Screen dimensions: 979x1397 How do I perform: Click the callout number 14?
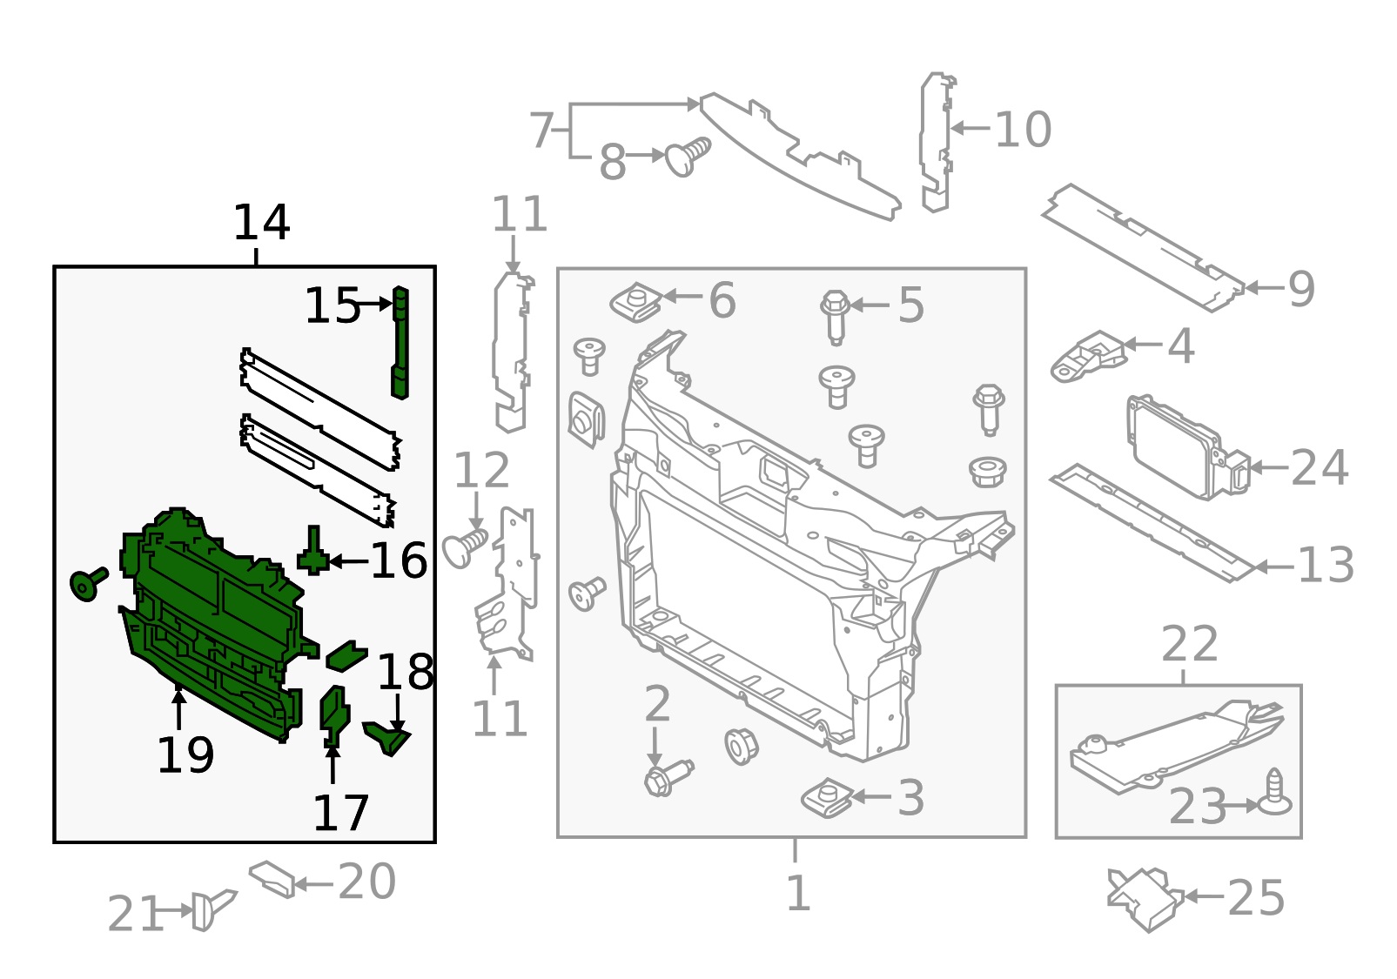pos(261,224)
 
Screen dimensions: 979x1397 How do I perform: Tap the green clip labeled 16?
pos(313,553)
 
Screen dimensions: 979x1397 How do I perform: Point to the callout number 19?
pos(185,755)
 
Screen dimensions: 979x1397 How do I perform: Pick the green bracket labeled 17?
pos(333,715)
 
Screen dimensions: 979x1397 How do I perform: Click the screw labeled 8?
pos(688,157)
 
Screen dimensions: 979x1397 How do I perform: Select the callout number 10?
pos(1023,130)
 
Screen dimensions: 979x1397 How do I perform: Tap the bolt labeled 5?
pos(836,315)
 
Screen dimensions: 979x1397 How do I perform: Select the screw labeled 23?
pos(1275,795)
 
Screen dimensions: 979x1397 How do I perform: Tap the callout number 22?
pos(1189,646)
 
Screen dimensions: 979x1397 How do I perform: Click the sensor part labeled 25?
pos(1145,898)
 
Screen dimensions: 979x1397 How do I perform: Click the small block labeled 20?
pos(273,878)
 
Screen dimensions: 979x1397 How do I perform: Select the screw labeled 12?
pos(466,546)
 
